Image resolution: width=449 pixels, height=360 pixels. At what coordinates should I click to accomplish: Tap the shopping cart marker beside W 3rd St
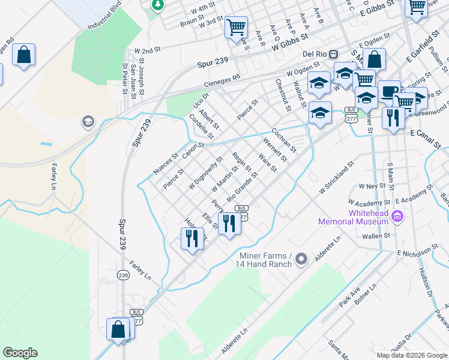click(236, 26)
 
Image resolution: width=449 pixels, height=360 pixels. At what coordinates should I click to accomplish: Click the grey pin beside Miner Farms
click(301, 259)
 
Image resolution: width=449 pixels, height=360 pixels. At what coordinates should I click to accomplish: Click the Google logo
click(20, 353)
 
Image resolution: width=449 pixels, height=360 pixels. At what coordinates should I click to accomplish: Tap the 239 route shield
click(124, 275)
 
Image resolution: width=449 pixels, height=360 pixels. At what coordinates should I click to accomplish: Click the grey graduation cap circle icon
click(88, 122)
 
